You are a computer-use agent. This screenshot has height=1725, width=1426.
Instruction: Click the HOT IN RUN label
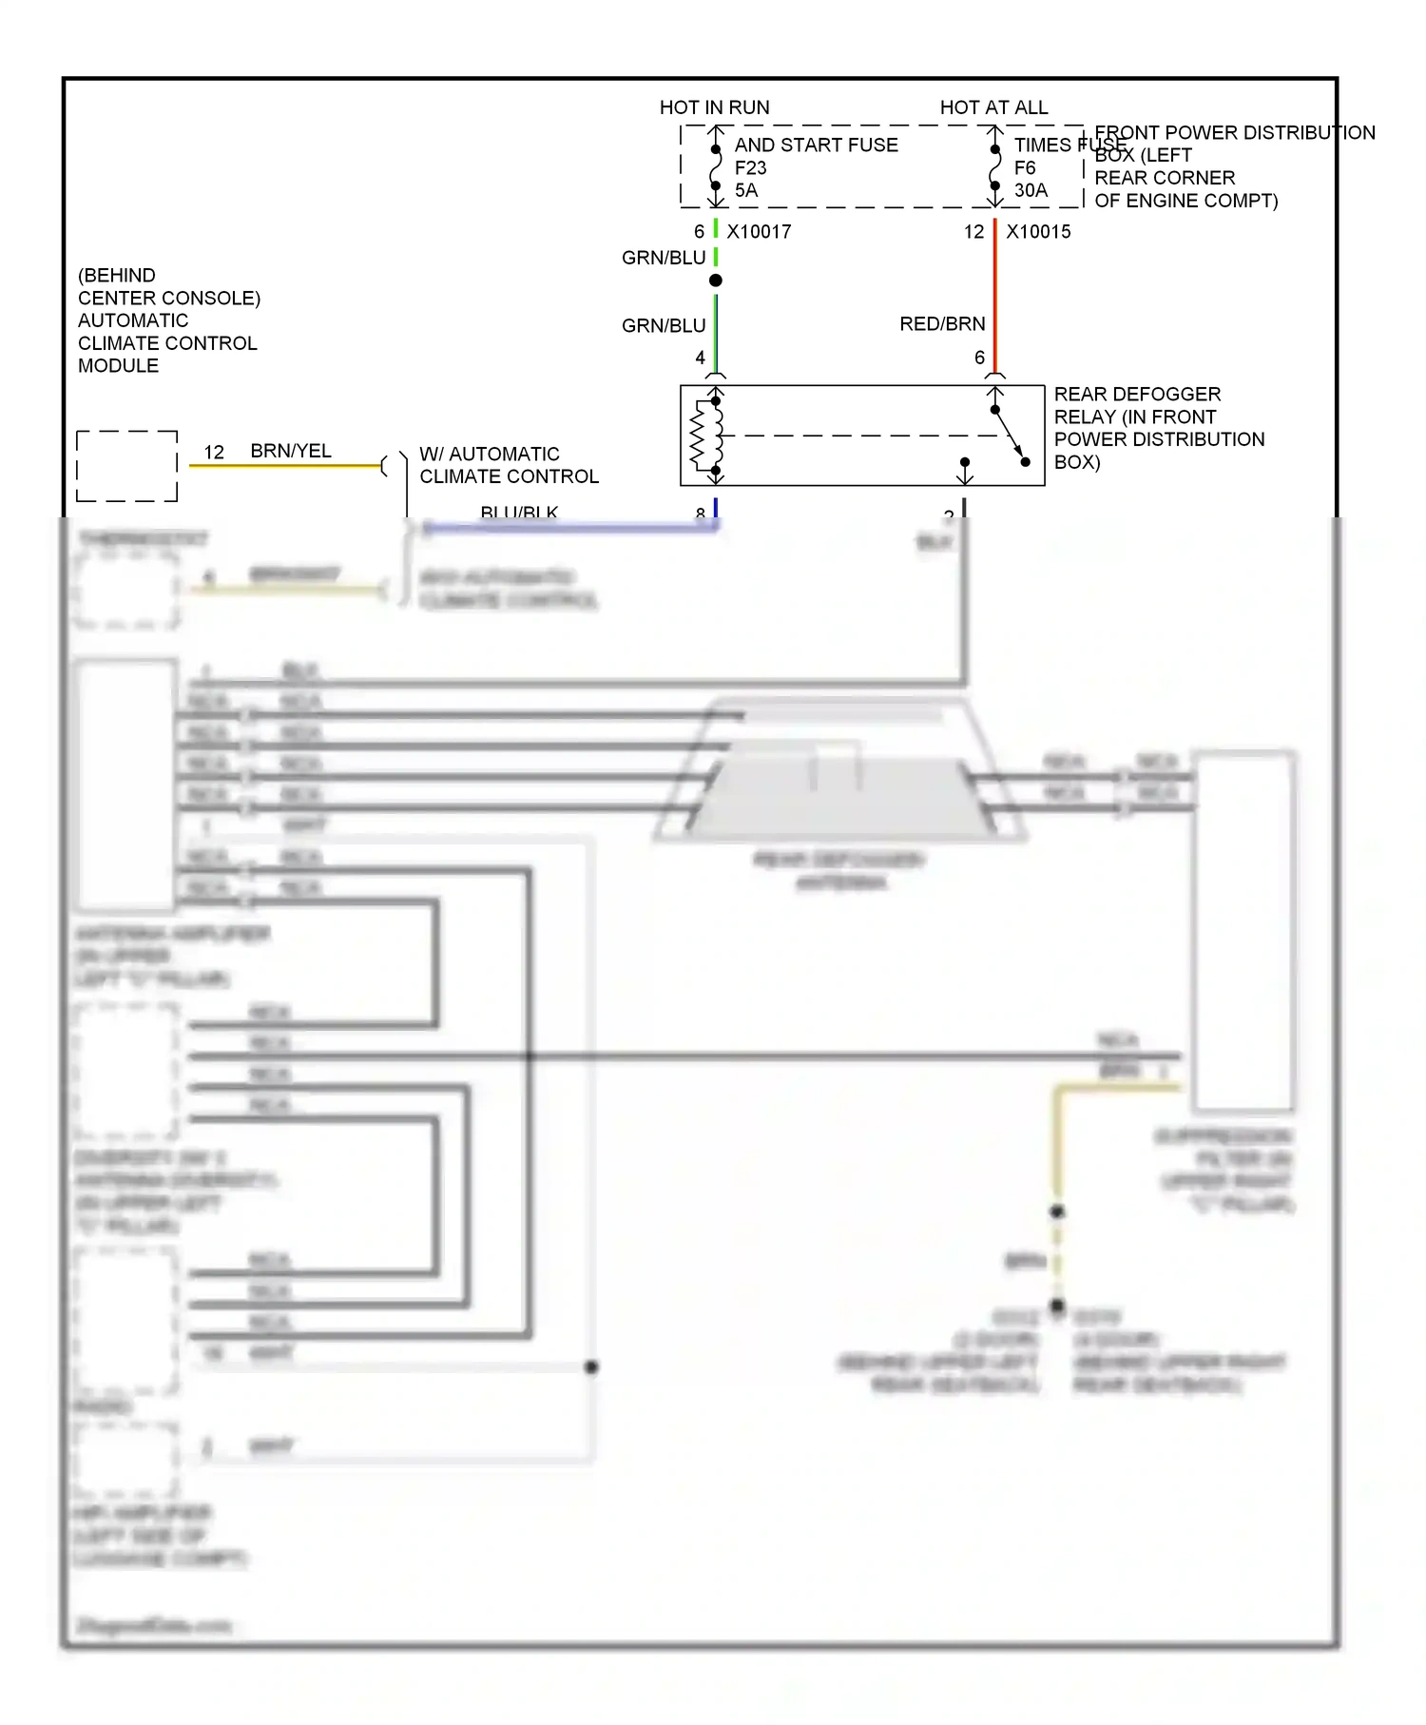714,107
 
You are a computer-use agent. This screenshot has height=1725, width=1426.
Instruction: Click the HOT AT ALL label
993,107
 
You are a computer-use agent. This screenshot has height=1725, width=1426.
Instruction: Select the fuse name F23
750,167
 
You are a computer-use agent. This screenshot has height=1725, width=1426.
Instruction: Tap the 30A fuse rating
1031,190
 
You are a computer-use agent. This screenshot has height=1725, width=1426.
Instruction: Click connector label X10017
759,231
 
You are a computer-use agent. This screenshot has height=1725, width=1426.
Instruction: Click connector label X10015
1038,231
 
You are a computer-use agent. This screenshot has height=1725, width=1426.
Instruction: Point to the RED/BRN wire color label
941,324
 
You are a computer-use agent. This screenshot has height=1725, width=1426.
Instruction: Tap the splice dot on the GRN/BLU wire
716,281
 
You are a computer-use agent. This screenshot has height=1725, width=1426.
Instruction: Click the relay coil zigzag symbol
699,436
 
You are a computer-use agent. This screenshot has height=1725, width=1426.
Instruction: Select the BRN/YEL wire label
291,451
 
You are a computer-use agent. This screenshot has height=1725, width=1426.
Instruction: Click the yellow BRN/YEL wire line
285,466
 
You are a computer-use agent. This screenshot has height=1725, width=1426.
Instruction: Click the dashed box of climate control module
126,466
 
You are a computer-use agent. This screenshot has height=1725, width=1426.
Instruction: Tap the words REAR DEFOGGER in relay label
1137,394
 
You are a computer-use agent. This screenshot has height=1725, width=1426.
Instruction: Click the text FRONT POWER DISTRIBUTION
1234,132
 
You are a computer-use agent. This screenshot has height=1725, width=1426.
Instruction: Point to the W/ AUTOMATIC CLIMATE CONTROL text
508,465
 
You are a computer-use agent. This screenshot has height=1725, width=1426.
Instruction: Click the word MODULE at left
118,366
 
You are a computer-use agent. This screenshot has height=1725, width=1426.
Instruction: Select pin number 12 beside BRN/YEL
214,453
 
